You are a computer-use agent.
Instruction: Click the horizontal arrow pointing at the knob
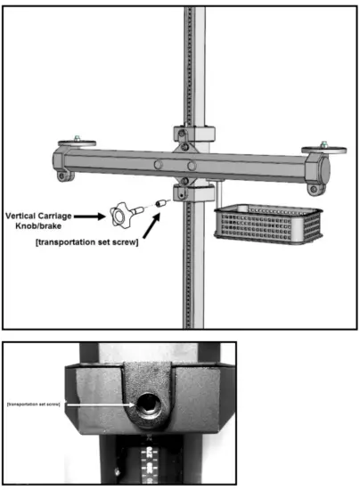[91, 216]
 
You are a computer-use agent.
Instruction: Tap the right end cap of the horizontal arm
[315, 167]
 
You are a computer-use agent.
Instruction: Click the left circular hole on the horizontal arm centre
[158, 164]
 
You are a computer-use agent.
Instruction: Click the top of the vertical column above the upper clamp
[195, 53]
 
